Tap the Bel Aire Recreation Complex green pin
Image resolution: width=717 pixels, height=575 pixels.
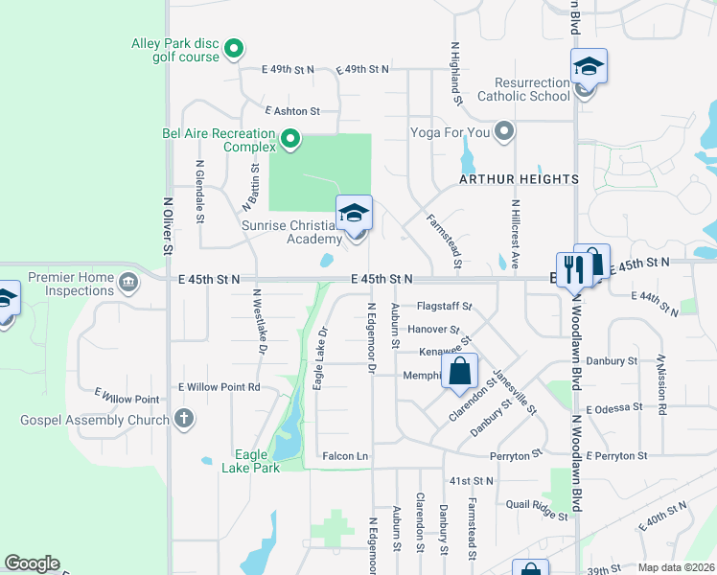290,142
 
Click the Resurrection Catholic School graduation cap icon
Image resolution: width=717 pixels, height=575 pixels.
588,67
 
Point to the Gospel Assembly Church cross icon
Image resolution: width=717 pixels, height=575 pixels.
183,419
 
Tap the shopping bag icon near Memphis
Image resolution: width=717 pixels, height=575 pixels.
460,371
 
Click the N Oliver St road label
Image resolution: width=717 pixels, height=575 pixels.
167,226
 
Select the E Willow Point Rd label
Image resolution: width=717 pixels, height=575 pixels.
220,387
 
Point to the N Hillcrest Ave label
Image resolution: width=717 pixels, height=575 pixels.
515,233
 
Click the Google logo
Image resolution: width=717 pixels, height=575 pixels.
32,563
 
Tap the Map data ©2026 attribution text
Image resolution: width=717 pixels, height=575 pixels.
677,567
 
